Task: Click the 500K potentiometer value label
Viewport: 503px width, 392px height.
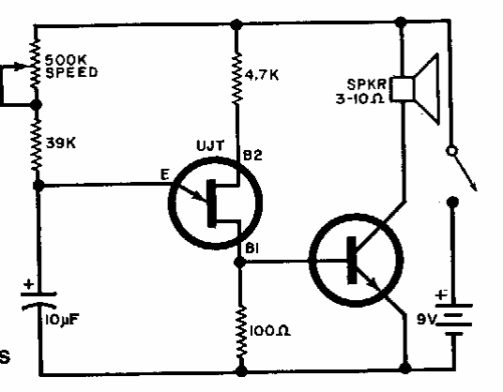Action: click(x=66, y=60)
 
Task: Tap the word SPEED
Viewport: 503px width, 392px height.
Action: click(x=71, y=72)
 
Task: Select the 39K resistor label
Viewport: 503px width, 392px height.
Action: click(x=61, y=143)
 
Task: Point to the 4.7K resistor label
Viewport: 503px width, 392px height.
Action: click(x=262, y=75)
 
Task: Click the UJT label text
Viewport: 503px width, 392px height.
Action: click(x=210, y=146)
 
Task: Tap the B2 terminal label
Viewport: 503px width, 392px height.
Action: click(x=252, y=156)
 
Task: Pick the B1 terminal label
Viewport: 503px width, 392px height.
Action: click(x=251, y=249)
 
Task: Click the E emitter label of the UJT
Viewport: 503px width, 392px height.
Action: click(x=165, y=175)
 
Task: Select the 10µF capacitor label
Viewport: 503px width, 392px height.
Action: click(x=62, y=320)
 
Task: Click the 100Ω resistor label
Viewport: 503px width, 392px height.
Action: click(x=269, y=331)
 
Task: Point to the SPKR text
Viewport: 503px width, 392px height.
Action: click(x=367, y=84)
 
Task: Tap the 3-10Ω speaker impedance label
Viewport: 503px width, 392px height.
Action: click(x=360, y=98)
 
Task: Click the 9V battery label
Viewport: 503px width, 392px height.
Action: click(x=427, y=319)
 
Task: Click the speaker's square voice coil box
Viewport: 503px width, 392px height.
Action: click(x=403, y=89)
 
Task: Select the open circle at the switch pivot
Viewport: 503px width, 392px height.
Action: click(x=451, y=151)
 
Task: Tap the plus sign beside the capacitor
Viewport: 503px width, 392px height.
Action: click(x=29, y=284)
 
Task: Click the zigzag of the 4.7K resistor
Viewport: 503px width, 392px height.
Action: click(x=237, y=79)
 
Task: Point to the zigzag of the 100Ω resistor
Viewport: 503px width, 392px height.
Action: click(x=241, y=332)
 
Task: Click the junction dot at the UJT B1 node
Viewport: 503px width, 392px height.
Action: click(x=239, y=263)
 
